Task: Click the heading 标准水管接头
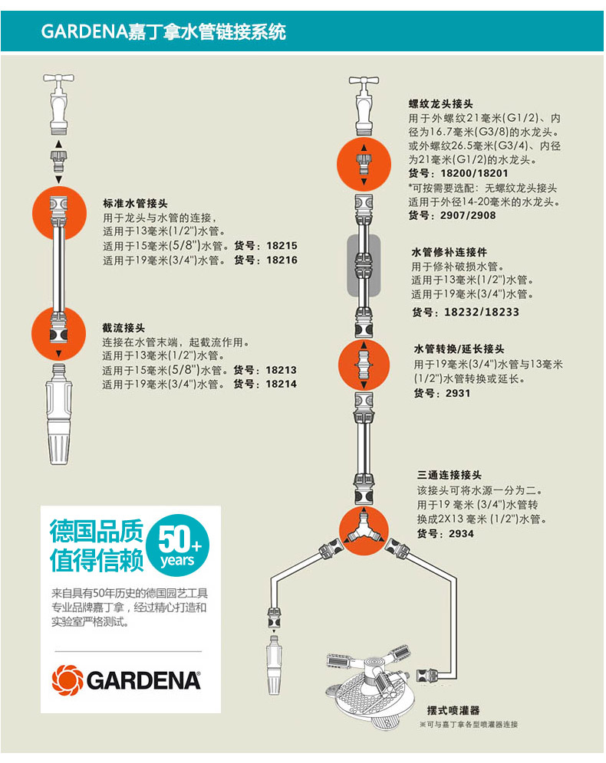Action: coord(135,204)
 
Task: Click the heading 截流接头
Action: coord(124,326)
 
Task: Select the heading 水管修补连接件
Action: coord(450,252)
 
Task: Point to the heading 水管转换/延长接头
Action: coord(459,349)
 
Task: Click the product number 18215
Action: coord(281,247)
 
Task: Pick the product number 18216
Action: coord(281,260)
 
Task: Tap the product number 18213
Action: coord(281,370)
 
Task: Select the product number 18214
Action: coord(281,384)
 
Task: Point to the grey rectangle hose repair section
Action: coord(363,267)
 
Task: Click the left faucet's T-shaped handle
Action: coord(58,79)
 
